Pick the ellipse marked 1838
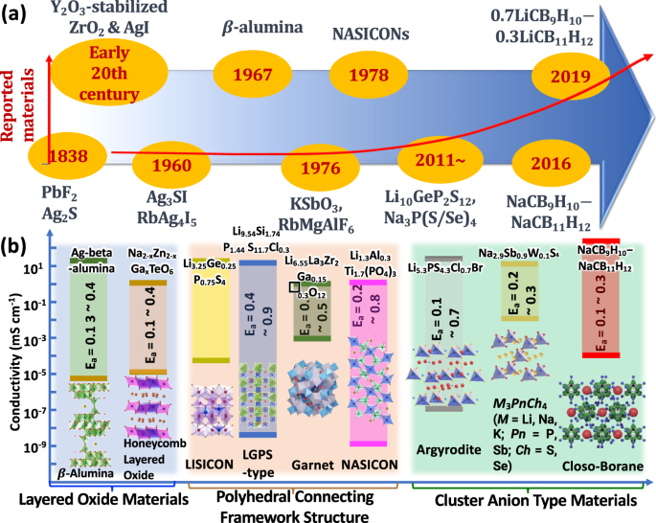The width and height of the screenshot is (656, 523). (64, 155)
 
